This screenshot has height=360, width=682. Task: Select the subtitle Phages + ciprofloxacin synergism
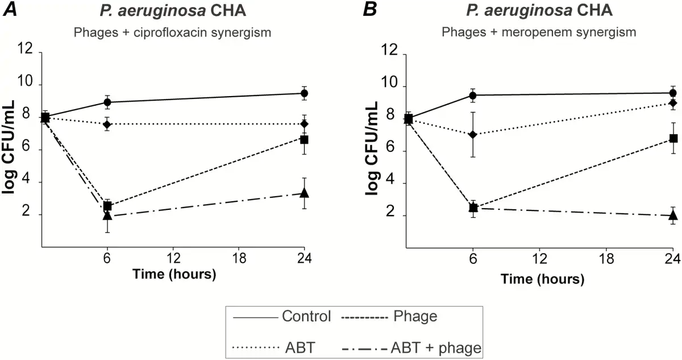coord(172,32)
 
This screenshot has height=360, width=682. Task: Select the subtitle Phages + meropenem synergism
coord(539,32)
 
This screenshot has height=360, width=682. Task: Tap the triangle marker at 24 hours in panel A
coord(304,193)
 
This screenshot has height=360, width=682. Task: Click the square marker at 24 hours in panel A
coord(304,139)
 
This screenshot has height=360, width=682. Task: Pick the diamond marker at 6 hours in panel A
coord(107,124)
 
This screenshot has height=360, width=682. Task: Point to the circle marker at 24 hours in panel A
coord(304,93)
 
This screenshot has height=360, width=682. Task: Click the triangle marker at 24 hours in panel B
coord(673,215)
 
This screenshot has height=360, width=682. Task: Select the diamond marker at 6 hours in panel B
coord(473,134)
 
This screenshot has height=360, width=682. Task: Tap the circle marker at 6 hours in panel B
coord(473,95)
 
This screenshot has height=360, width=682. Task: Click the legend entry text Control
coord(306,316)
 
